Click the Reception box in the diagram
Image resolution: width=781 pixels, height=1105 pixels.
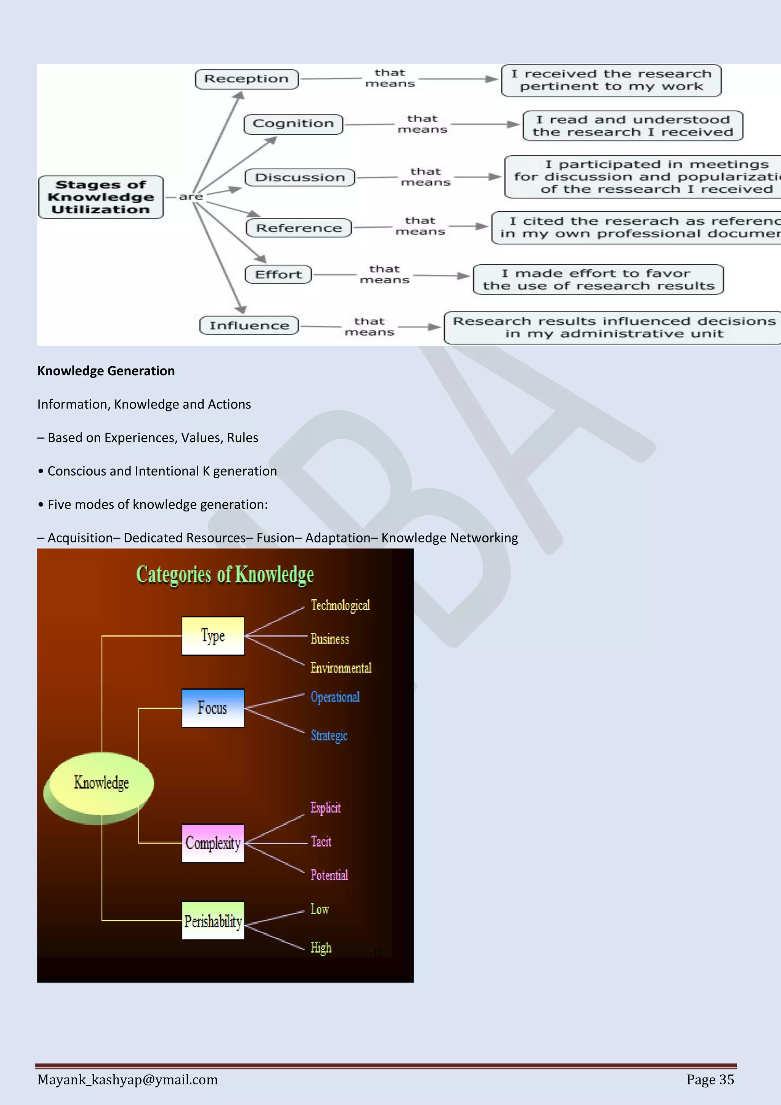pos(246,79)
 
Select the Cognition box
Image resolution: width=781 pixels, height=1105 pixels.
pos(293,124)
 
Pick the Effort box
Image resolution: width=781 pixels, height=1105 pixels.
pos(279,275)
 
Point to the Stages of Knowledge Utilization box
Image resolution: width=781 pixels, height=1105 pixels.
pos(101,197)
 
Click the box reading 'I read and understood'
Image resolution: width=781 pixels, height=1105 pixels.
pos(633,125)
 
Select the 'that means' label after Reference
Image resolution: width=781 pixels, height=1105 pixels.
pos(420,226)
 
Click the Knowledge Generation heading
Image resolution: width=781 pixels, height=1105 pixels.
pos(106,371)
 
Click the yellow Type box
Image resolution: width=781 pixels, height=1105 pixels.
pos(213,636)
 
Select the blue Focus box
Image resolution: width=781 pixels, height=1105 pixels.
pos(213,708)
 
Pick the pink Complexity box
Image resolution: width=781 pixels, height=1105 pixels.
pos(213,843)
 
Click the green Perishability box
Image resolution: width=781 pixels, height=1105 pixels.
pos(213,921)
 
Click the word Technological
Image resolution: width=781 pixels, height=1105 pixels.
pos(340,605)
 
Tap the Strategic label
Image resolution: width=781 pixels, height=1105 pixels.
pos(329,736)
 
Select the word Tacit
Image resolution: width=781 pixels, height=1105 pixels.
pos(321,842)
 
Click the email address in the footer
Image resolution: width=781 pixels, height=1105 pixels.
pos(127,1079)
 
